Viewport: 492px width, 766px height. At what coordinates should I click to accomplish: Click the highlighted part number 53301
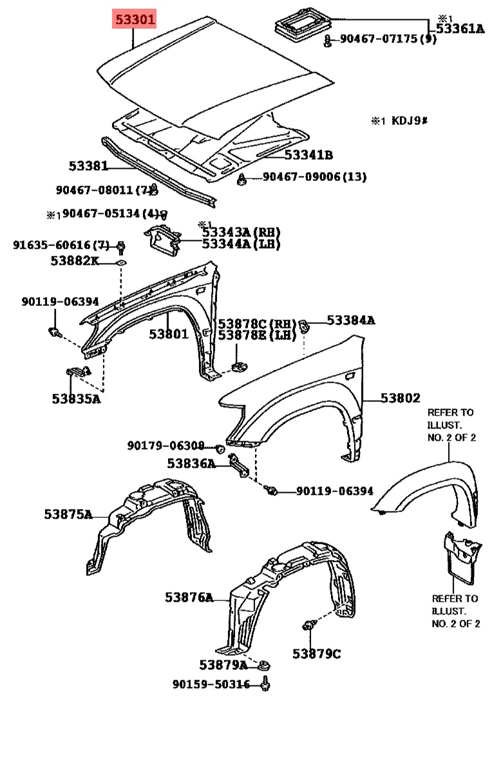point(135,19)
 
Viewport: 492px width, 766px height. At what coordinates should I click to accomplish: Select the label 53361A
point(460,29)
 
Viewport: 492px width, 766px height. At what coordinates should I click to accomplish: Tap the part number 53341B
point(308,155)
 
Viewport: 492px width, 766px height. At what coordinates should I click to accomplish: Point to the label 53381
point(88,166)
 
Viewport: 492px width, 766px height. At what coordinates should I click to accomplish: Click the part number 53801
point(168,334)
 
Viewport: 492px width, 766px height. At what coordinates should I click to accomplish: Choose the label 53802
point(401,398)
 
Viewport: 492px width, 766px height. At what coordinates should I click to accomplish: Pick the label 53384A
point(351,320)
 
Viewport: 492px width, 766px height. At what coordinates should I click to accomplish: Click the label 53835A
point(76,399)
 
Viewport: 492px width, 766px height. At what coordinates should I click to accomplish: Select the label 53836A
point(191,463)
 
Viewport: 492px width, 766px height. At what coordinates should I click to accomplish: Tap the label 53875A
point(68,514)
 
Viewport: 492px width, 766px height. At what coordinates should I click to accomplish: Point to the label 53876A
point(189,597)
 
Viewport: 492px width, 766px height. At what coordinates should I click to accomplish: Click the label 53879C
point(317,654)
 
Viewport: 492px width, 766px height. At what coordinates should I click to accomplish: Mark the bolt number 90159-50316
point(211,685)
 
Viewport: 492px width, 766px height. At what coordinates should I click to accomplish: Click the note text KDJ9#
point(410,120)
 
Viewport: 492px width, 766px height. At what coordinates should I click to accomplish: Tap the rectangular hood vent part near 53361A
point(303,21)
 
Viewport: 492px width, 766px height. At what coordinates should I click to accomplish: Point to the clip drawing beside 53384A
point(303,325)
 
